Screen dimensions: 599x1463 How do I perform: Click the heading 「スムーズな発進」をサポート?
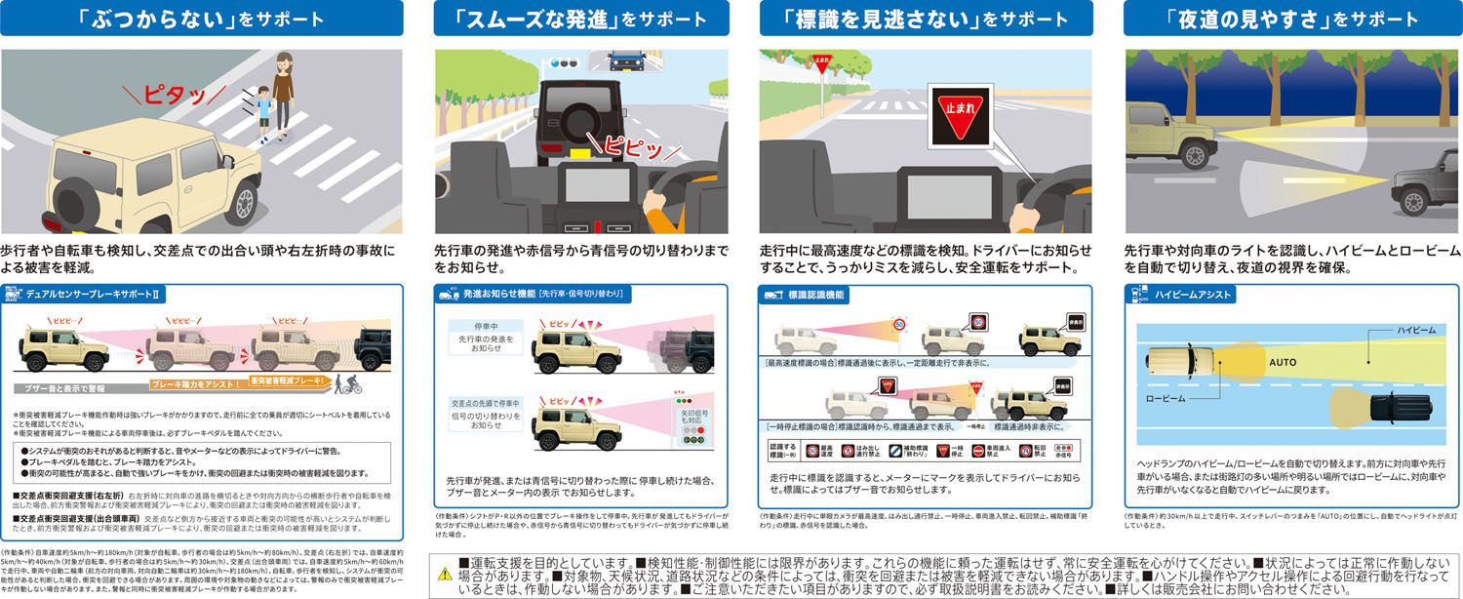(x=580, y=19)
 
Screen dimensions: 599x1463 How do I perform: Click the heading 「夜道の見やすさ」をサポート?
(x=1272, y=19)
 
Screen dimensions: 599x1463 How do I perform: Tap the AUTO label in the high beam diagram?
(x=1282, y=362)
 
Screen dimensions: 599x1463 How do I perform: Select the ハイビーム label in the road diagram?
(x=1416, y=331)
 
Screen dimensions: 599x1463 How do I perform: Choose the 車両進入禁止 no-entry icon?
(x=977, y=452)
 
